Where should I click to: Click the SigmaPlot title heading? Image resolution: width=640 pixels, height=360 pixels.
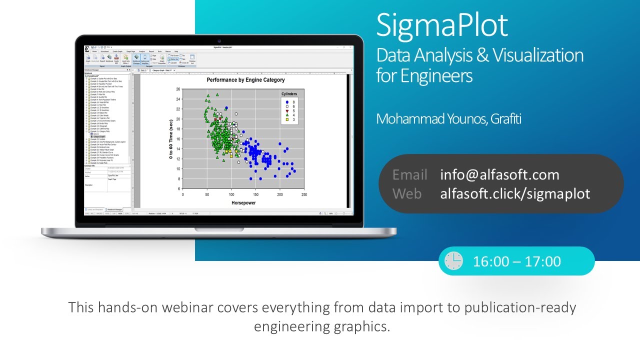pyautogui.click(x=442, y=25)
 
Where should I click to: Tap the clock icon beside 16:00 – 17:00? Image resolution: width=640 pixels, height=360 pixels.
pyautogui.click(x=453, y=261)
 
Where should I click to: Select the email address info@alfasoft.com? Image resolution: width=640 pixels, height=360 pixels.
pyautogui.click(x=499, y=174)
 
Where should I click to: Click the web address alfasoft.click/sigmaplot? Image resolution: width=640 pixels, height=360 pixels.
pyautogui.click(x=515, y=193)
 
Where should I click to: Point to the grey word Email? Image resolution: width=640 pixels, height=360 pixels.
pyautogui.click(x=409, y=174)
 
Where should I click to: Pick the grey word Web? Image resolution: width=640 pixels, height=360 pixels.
pyautogui.click(x=407, y=193)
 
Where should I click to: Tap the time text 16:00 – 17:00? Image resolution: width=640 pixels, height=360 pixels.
pyautogui.click(x=517, y=261)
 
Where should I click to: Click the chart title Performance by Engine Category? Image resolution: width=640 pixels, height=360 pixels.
pyautogui.click(x=245, y=80)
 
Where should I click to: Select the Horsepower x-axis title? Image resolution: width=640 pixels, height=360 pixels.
pyautogui.click(x=244, y=203)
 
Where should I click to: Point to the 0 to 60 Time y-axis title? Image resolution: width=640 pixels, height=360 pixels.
pyautogui.click(x=171, y=139)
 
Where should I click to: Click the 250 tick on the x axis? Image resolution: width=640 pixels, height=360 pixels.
pyautogui.click(x=304, y=194)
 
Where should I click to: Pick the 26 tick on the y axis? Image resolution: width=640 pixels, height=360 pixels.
pyautogui.click(x=178, y=89)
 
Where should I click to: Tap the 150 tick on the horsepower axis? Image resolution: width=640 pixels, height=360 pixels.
pyautogui.click(x=255, y=194)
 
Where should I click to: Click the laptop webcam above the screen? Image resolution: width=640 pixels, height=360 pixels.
pyautogui.click(x=219, y=40)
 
